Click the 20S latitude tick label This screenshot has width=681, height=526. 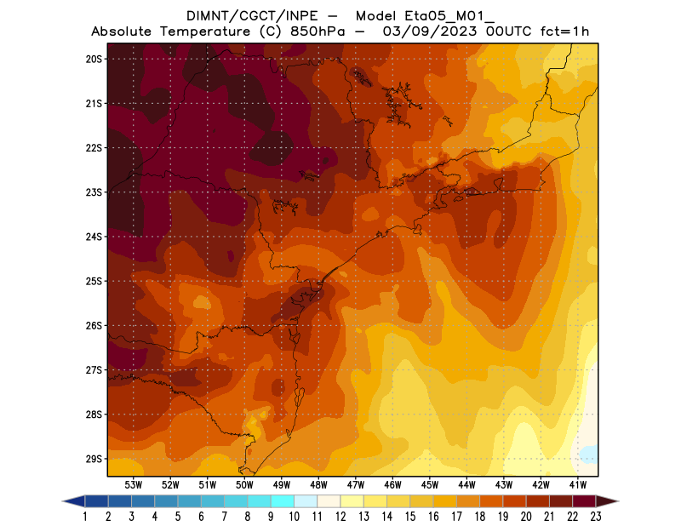click(94, 59)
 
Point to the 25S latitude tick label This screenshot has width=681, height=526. click(94, 281)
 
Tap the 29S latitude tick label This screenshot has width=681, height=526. click(94, 459)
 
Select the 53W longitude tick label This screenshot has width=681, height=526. click(133, 484)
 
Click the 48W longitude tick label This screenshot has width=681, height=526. click(319, 484)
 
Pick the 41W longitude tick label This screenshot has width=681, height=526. click(579, 484)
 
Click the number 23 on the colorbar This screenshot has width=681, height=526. click(595, 516)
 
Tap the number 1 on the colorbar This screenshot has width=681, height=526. click(85, 516)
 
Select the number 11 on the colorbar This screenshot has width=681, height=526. click(318, 516)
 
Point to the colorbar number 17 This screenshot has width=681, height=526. click(456, 516)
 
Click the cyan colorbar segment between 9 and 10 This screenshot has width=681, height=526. click(283, 501)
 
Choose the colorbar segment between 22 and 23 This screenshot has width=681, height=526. click(583, 501)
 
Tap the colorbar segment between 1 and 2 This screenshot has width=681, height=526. click(97, 501)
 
